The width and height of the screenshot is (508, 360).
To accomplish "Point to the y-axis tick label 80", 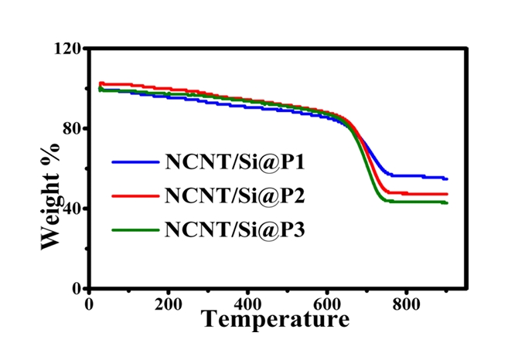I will click(x=71, y=128).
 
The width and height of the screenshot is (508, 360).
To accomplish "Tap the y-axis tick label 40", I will click(x=71, y=209).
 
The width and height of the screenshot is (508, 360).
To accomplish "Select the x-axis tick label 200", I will click(x=167, y=303).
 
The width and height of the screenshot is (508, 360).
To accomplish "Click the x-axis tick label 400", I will click(x=247, y=303).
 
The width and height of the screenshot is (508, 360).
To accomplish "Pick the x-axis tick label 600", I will click(x=326, y=303).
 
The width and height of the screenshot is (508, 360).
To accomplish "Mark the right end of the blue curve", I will click(x=447, y=178).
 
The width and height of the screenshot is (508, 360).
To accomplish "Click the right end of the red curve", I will click(x=447, y=194).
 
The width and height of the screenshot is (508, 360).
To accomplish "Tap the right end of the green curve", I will click(x=447, y=202).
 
